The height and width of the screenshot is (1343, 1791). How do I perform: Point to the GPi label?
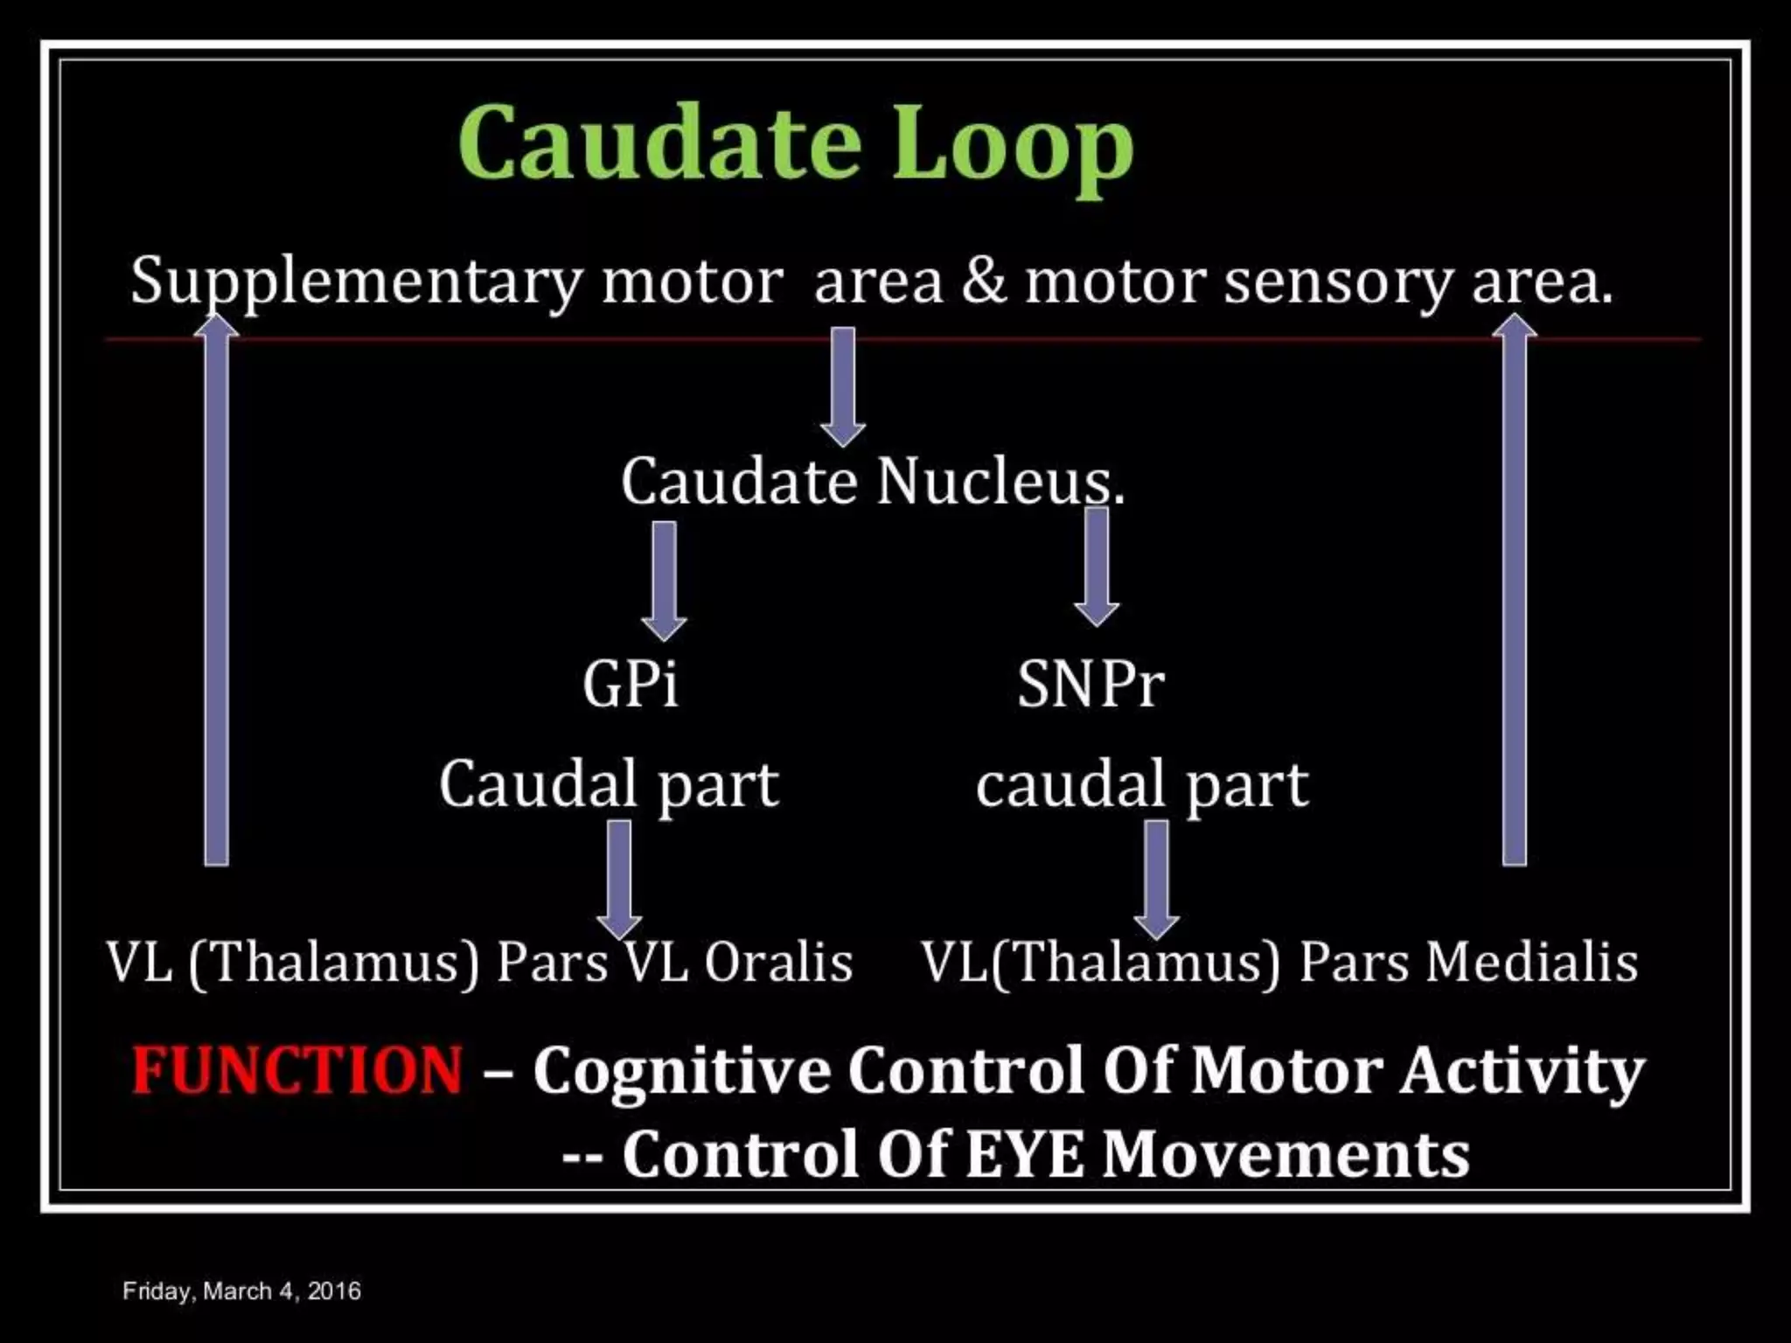[x=631, y=684]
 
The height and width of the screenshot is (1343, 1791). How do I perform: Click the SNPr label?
[x=1090, y=684]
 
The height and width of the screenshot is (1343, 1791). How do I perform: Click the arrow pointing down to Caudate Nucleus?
[x=842, y=385]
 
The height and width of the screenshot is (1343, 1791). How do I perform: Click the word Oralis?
[x=778, y=963]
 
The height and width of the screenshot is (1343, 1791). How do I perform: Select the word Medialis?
[x=1531, y=963]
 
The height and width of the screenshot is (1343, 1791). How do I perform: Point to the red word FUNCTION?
[x=297, y=1070]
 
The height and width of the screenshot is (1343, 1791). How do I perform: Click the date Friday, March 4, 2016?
[x=241, y=1291]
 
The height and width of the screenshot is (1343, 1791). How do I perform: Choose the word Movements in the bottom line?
[x=1286, y=1154]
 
